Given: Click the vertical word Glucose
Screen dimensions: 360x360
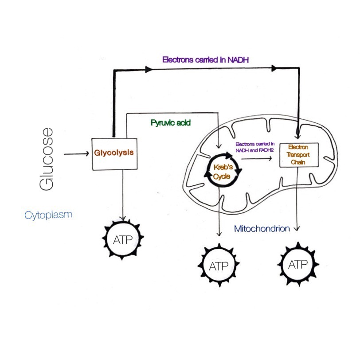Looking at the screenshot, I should point(47,159).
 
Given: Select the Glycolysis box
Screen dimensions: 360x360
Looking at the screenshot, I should point(113,153).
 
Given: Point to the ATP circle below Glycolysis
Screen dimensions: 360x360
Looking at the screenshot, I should point(123,240).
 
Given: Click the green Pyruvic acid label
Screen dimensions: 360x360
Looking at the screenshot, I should point(167,122).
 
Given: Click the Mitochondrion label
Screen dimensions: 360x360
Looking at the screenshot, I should point(262,229).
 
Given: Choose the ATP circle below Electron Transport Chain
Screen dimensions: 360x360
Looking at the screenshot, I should point(297,265).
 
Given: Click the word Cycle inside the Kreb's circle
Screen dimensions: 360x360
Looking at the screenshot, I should point(220,176).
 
